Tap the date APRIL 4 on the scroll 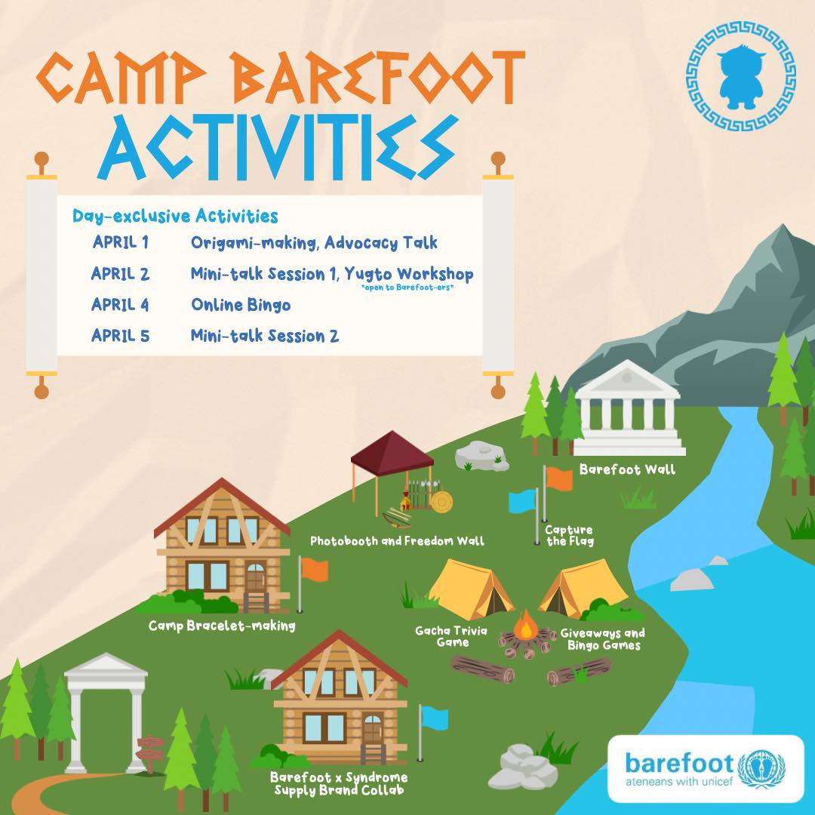(120, 305)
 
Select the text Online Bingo (241, 305)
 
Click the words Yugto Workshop (409, 274)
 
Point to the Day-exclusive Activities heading (175, 216)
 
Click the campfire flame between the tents (525, 626)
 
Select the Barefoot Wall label (627, 470)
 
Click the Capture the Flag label (569, 535)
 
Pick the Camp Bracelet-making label (222, 626)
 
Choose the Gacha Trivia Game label (451, 636)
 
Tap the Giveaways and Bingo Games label (603, 639)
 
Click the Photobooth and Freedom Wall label (397, 541)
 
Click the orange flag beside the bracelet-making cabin (315, 570)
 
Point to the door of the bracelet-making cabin (255, 578)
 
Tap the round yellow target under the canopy (441, 502)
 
